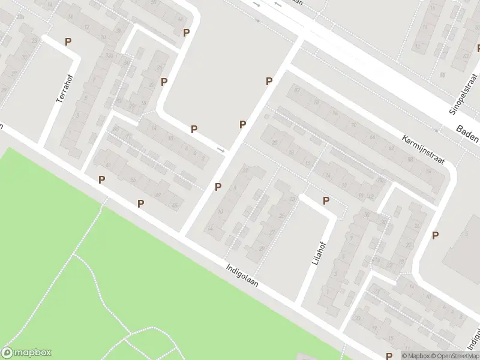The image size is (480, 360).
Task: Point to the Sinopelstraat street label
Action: [461, 96]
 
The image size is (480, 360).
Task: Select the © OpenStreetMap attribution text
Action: [454, 356]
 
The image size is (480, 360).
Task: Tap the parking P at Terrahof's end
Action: [68, 41]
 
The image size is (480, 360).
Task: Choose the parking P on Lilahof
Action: [326, 200]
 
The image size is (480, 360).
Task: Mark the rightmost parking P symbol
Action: [435, 236]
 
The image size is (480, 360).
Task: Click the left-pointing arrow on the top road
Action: [278, 5]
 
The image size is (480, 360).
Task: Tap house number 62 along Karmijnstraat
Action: [391, 147]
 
